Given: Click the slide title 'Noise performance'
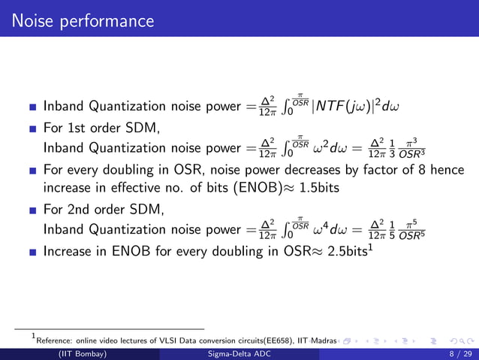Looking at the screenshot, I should click(83, 20).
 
